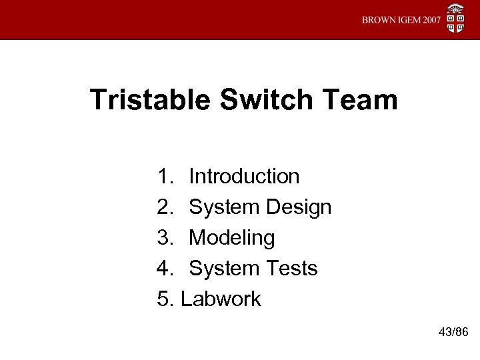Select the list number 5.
(x=165, y=299)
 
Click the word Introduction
(x=244, y=177)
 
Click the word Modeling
(x=231, y=239)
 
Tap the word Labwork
(x=221, y=299)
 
